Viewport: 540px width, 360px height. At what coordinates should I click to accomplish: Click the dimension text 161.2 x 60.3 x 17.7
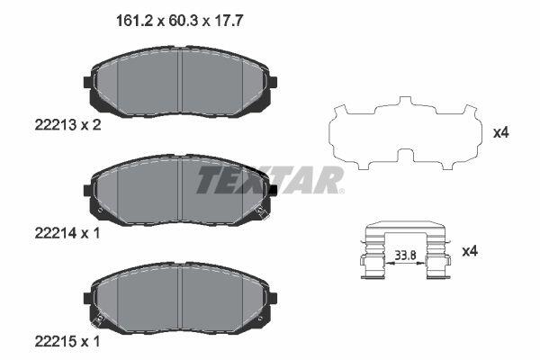(x=179, y=21)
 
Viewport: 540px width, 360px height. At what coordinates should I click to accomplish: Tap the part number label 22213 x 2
(x=67, y=125)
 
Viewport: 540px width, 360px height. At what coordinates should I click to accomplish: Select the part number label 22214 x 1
(x=67, y=234)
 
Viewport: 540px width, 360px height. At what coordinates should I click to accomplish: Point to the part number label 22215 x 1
(x=67, y=342)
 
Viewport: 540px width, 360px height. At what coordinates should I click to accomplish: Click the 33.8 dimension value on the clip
(x=405, y=256)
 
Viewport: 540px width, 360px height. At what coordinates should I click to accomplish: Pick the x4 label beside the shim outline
(x=500, y=132)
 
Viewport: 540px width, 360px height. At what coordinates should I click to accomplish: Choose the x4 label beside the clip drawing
(x=470, y=251)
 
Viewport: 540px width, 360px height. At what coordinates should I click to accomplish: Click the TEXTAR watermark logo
(x=270, y=180)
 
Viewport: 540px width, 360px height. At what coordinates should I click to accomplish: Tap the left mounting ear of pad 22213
(x=88, y=82)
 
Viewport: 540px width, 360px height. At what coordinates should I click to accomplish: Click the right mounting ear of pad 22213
(x=273, y=82)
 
